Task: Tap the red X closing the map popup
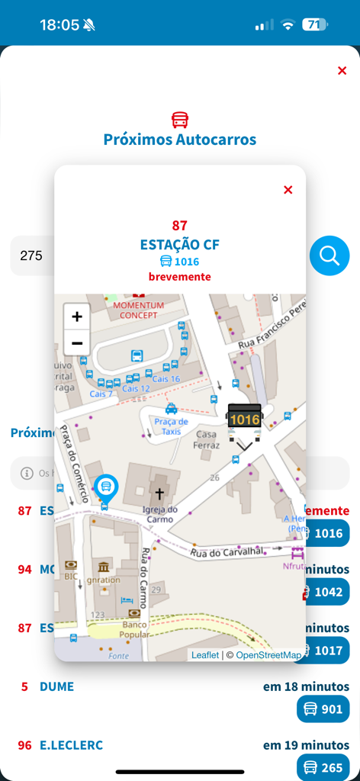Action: pyautogui.click(x=288, y=190)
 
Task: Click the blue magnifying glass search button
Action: pyautogui.click(x=329, y=256)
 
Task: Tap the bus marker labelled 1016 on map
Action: pyautogui.click(x=245, y=419)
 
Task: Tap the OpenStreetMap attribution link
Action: pyautogui.click(x=268, y=655)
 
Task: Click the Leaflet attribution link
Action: pyautogui.click(x=204, y=655)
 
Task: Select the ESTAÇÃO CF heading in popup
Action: pyautogui.click(x=180, y=245)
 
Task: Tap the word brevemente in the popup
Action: pyautogui.click(x=180, y=277)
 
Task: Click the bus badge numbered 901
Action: pyautogui.click(x=323, y=709)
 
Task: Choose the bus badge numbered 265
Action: pyautogui.click(x=323, y=767)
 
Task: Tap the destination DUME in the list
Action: pyautogui.click(x=56, y=686)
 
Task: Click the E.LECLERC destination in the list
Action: pyautogui.click(x=71, y=745)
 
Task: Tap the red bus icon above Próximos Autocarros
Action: pyautogui.click(x=180, y=120)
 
